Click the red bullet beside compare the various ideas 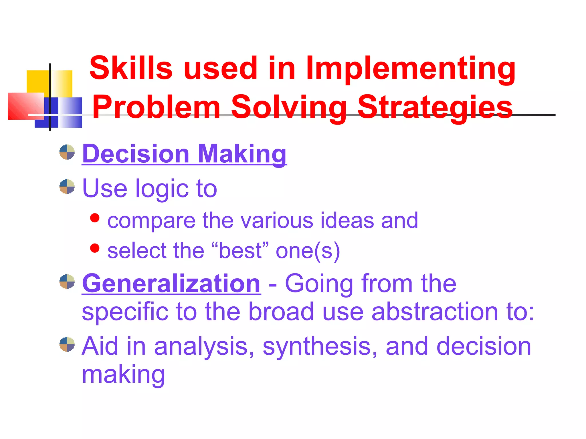[x=95, y=218]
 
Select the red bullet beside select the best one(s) [x=95, y=248]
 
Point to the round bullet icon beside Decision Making [x=67, y=152]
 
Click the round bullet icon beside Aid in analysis [x=67, y=344]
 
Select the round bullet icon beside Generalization [x=67, y=282]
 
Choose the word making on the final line [x=123, y=374]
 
